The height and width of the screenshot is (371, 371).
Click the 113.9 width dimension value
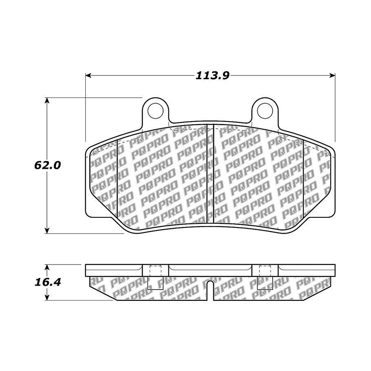[212, 76]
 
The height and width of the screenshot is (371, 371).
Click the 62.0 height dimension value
[48, 165]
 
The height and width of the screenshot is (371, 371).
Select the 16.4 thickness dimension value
[48, 282]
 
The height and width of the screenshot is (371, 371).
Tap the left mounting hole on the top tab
[155, 111]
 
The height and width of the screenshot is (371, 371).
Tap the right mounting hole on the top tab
[265, 111]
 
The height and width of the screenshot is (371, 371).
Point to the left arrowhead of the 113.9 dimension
[88, 75]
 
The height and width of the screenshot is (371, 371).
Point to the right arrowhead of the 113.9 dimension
[332, 75]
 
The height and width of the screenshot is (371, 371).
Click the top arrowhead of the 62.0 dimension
[47, 100]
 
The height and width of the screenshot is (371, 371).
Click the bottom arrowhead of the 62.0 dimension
[47, 230]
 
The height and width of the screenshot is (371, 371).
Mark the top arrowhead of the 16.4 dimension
[47, 267]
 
